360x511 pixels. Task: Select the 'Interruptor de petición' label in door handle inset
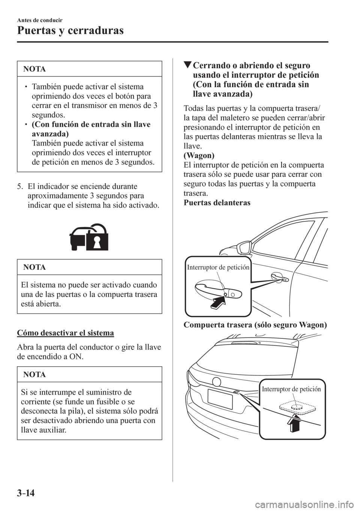coord(218,268)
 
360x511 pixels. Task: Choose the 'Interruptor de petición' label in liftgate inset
coord(291,389)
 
